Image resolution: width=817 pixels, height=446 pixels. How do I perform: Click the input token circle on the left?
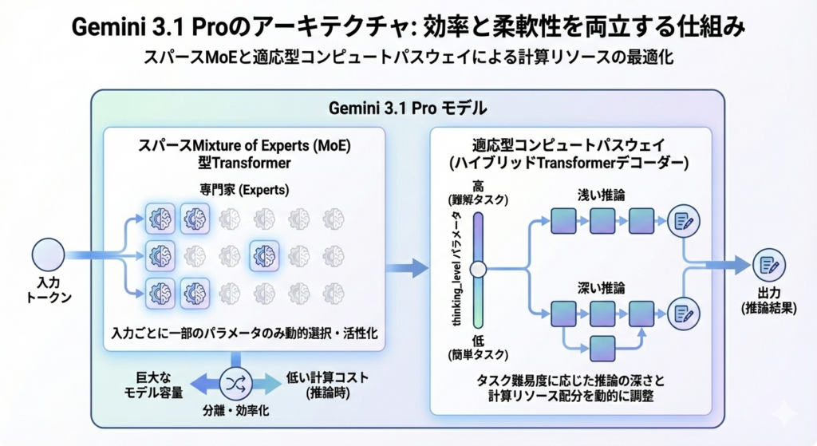pos(48,258)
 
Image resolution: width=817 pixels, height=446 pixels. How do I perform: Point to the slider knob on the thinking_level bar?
pos(478,269)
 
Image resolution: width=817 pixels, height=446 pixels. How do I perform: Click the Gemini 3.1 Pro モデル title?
pos(408,108)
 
